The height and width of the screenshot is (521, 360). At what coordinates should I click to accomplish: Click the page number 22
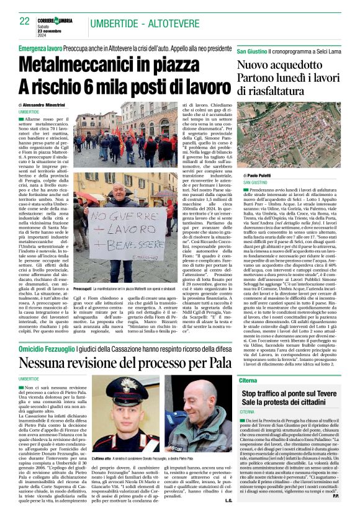24,21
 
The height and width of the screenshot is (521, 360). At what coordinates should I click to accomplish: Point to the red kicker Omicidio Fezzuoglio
45,351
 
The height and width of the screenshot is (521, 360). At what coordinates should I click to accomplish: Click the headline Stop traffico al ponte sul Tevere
292,394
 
